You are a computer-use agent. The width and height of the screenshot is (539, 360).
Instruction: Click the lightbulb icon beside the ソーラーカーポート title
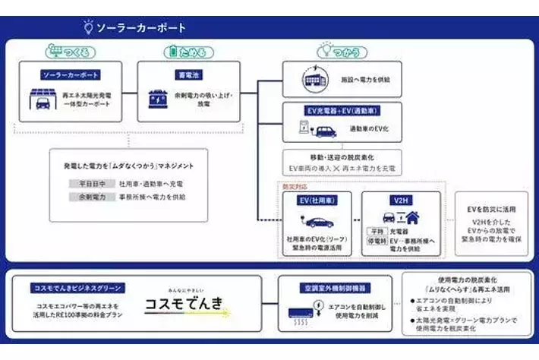click(x=89, y=27)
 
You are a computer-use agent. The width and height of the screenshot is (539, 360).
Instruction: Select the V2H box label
click(x=400, y=201)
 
